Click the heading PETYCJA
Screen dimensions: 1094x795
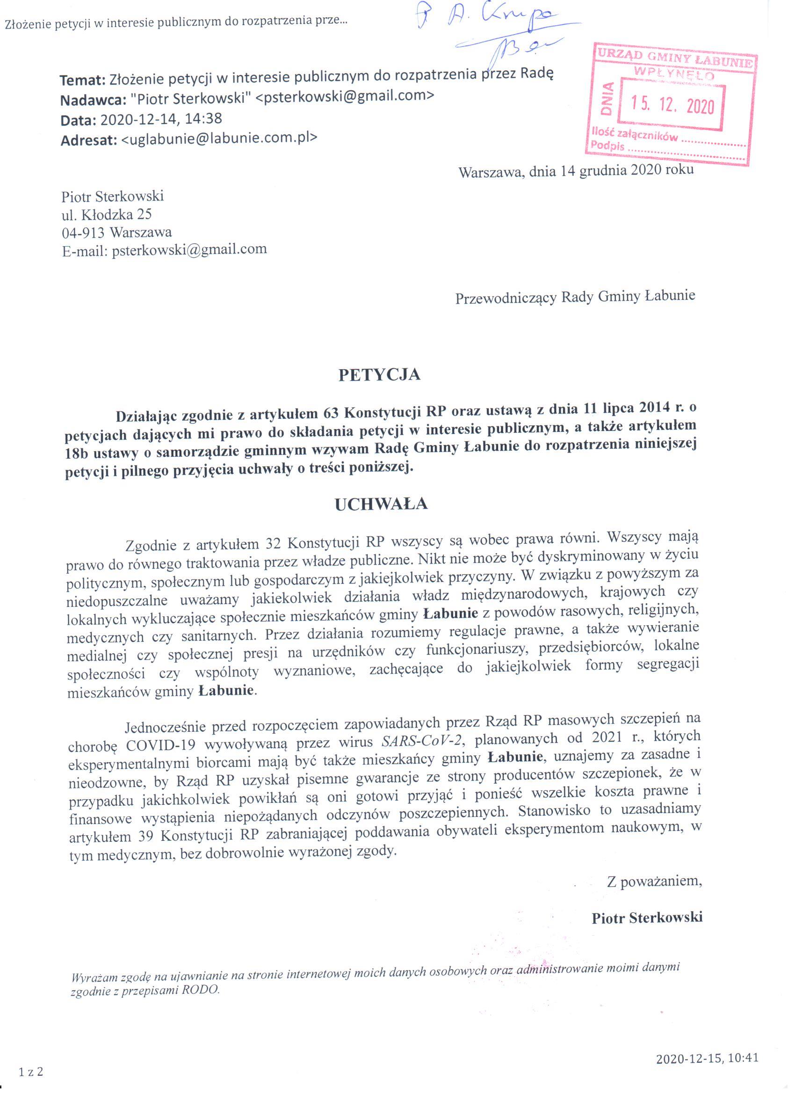point(379,375)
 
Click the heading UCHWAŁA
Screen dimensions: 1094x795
point(381,504)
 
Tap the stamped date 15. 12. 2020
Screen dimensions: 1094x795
point(673,105)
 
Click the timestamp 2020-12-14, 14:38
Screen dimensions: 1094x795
point(161,118)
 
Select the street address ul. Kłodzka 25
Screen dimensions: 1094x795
point(107,214)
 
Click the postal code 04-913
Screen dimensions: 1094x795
point(83,232)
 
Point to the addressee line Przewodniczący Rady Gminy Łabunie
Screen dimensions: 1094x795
point(575,297)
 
